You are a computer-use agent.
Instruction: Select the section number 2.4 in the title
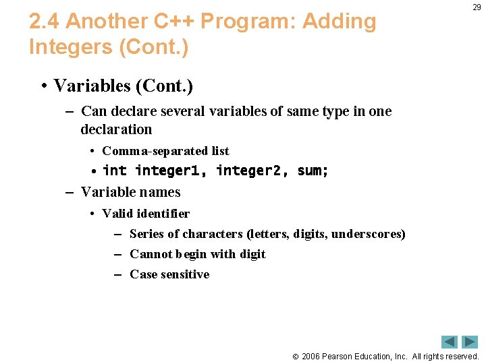[x=45, y=22]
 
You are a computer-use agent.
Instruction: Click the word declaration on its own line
[x=116, y=129]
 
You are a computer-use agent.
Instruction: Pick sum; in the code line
[x=313, y=171]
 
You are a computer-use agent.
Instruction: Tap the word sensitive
[x=186, y=274]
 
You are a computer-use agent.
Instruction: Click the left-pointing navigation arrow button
[x=450, y=342]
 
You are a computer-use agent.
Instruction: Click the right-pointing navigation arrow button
[x=470, y=342]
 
